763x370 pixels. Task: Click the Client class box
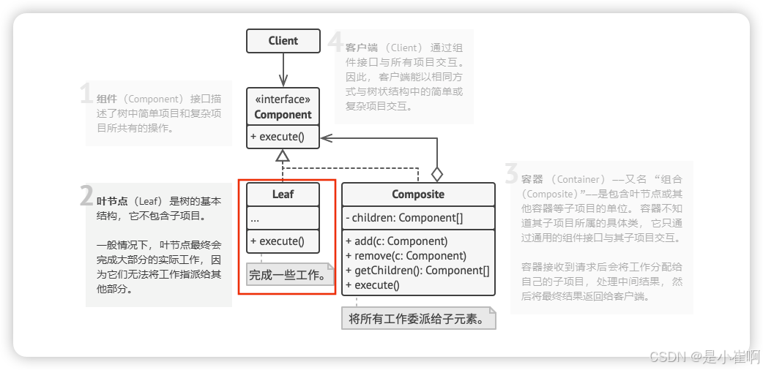283,41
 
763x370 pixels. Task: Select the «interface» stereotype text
283,99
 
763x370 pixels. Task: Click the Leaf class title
283,195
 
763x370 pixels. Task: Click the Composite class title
418,195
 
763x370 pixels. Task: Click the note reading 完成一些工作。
287,276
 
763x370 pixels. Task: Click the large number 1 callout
86,95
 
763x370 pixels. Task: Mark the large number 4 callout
335,42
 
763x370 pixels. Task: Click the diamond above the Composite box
437,174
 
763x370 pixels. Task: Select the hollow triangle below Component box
283,155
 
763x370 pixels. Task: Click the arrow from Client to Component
283,70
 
